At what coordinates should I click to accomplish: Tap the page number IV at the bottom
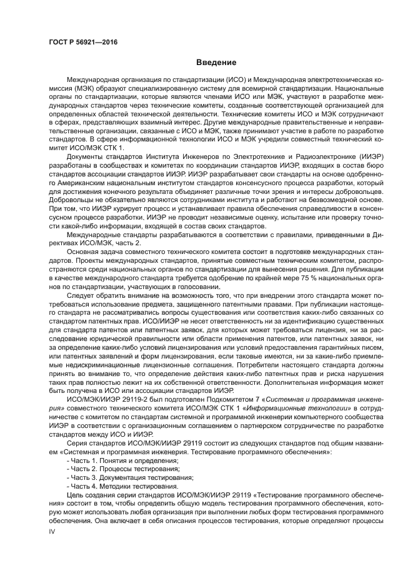pos(52,531)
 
